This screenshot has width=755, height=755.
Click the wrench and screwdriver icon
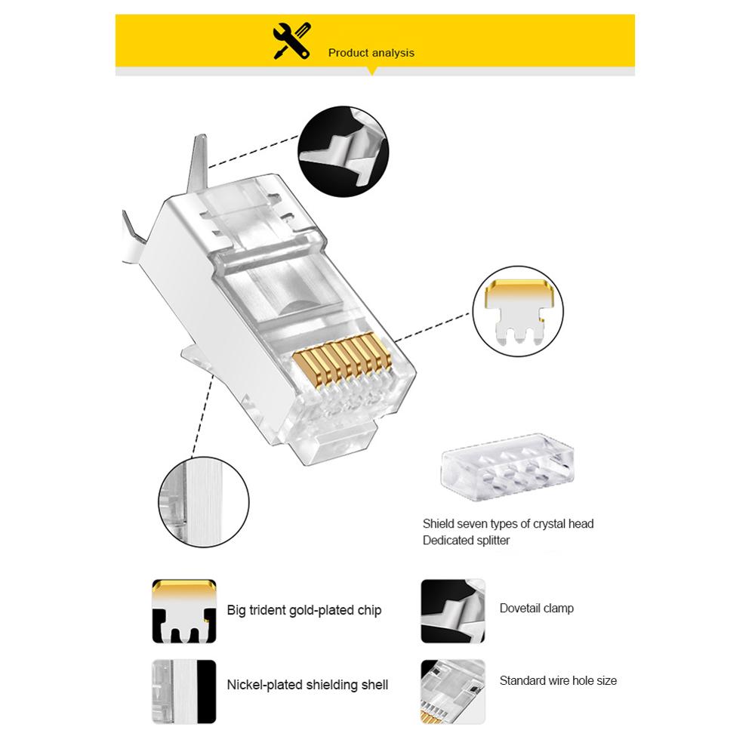[x=292, y=41]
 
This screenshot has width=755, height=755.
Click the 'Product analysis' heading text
[x=371, y=53]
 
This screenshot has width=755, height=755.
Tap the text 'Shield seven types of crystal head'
[x=508, y=524]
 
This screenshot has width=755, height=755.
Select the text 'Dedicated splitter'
[x=466, y=541]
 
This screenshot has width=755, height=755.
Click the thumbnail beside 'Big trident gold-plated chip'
[x=184, y=610]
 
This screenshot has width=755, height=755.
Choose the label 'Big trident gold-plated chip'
[x=304, y=610]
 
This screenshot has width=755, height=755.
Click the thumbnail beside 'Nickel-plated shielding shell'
[x=184, y=685]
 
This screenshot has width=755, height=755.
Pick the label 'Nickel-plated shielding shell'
[x=307, y=685]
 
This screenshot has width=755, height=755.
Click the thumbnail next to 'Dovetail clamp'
[x=453, y=610]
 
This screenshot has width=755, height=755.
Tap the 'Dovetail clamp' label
[x=536, y=608]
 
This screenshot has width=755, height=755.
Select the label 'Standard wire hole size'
[x=558, y=680]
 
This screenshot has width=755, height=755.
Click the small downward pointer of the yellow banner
[x=371, y=72]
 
